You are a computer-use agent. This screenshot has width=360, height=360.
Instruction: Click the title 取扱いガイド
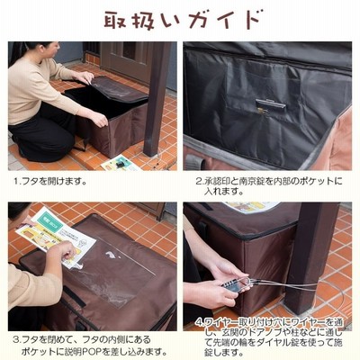(182, 20)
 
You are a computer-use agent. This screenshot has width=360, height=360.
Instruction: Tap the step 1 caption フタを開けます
(53, 182)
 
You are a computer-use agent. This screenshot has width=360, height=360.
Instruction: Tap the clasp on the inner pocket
(269, 105)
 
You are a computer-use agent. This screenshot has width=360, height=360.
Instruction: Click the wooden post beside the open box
(157, 99)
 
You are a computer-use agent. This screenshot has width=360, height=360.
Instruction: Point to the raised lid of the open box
(120, 89)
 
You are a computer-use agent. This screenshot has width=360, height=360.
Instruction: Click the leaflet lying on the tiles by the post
(121, 163)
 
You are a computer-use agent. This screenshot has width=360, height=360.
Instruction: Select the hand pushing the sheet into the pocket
(65, 251)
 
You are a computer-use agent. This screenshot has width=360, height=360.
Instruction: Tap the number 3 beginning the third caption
(16, 340)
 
